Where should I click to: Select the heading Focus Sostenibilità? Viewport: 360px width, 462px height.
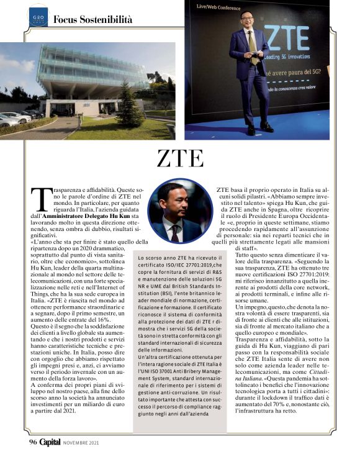92,19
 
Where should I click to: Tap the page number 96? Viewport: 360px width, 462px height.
34,442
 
